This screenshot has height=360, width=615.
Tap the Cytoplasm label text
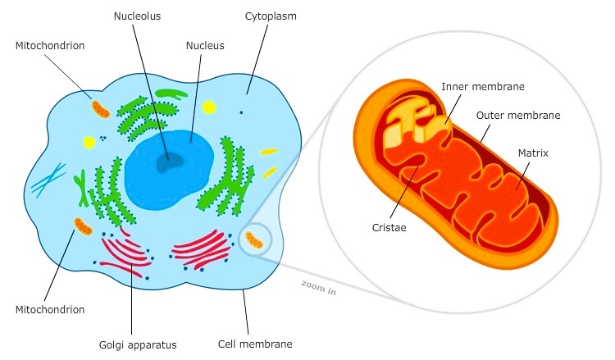271,15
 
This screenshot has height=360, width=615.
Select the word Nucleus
205,46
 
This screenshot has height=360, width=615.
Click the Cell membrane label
255,344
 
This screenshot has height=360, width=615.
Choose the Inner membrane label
483,86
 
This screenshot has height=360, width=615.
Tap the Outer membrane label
518,116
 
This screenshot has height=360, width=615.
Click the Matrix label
533,153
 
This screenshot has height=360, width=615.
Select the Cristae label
389,227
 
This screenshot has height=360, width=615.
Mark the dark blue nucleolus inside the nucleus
171,162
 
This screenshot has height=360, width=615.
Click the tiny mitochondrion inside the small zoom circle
256,239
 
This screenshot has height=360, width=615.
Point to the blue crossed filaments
49,179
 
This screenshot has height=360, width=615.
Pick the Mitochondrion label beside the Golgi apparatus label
50,310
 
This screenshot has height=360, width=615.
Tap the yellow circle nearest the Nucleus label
209,107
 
